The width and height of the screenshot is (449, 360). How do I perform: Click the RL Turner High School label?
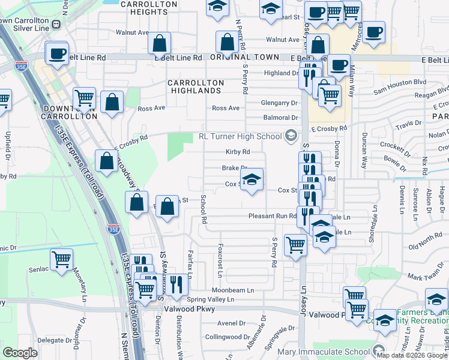point(240,136)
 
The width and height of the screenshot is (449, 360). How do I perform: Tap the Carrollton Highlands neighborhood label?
point(196,86)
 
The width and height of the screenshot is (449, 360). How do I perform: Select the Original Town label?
point(245,57)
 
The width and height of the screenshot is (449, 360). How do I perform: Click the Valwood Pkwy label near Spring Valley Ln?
point(178,309)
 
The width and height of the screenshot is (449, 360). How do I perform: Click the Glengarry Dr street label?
point(279,103)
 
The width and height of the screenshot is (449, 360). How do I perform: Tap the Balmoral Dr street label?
point(279,118)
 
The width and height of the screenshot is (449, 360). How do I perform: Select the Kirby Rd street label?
point(237,152)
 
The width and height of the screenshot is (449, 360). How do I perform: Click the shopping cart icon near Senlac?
point(61,260)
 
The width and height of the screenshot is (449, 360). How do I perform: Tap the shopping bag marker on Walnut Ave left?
point(159,43)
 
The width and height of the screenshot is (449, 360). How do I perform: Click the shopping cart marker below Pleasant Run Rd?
point(295,245)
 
